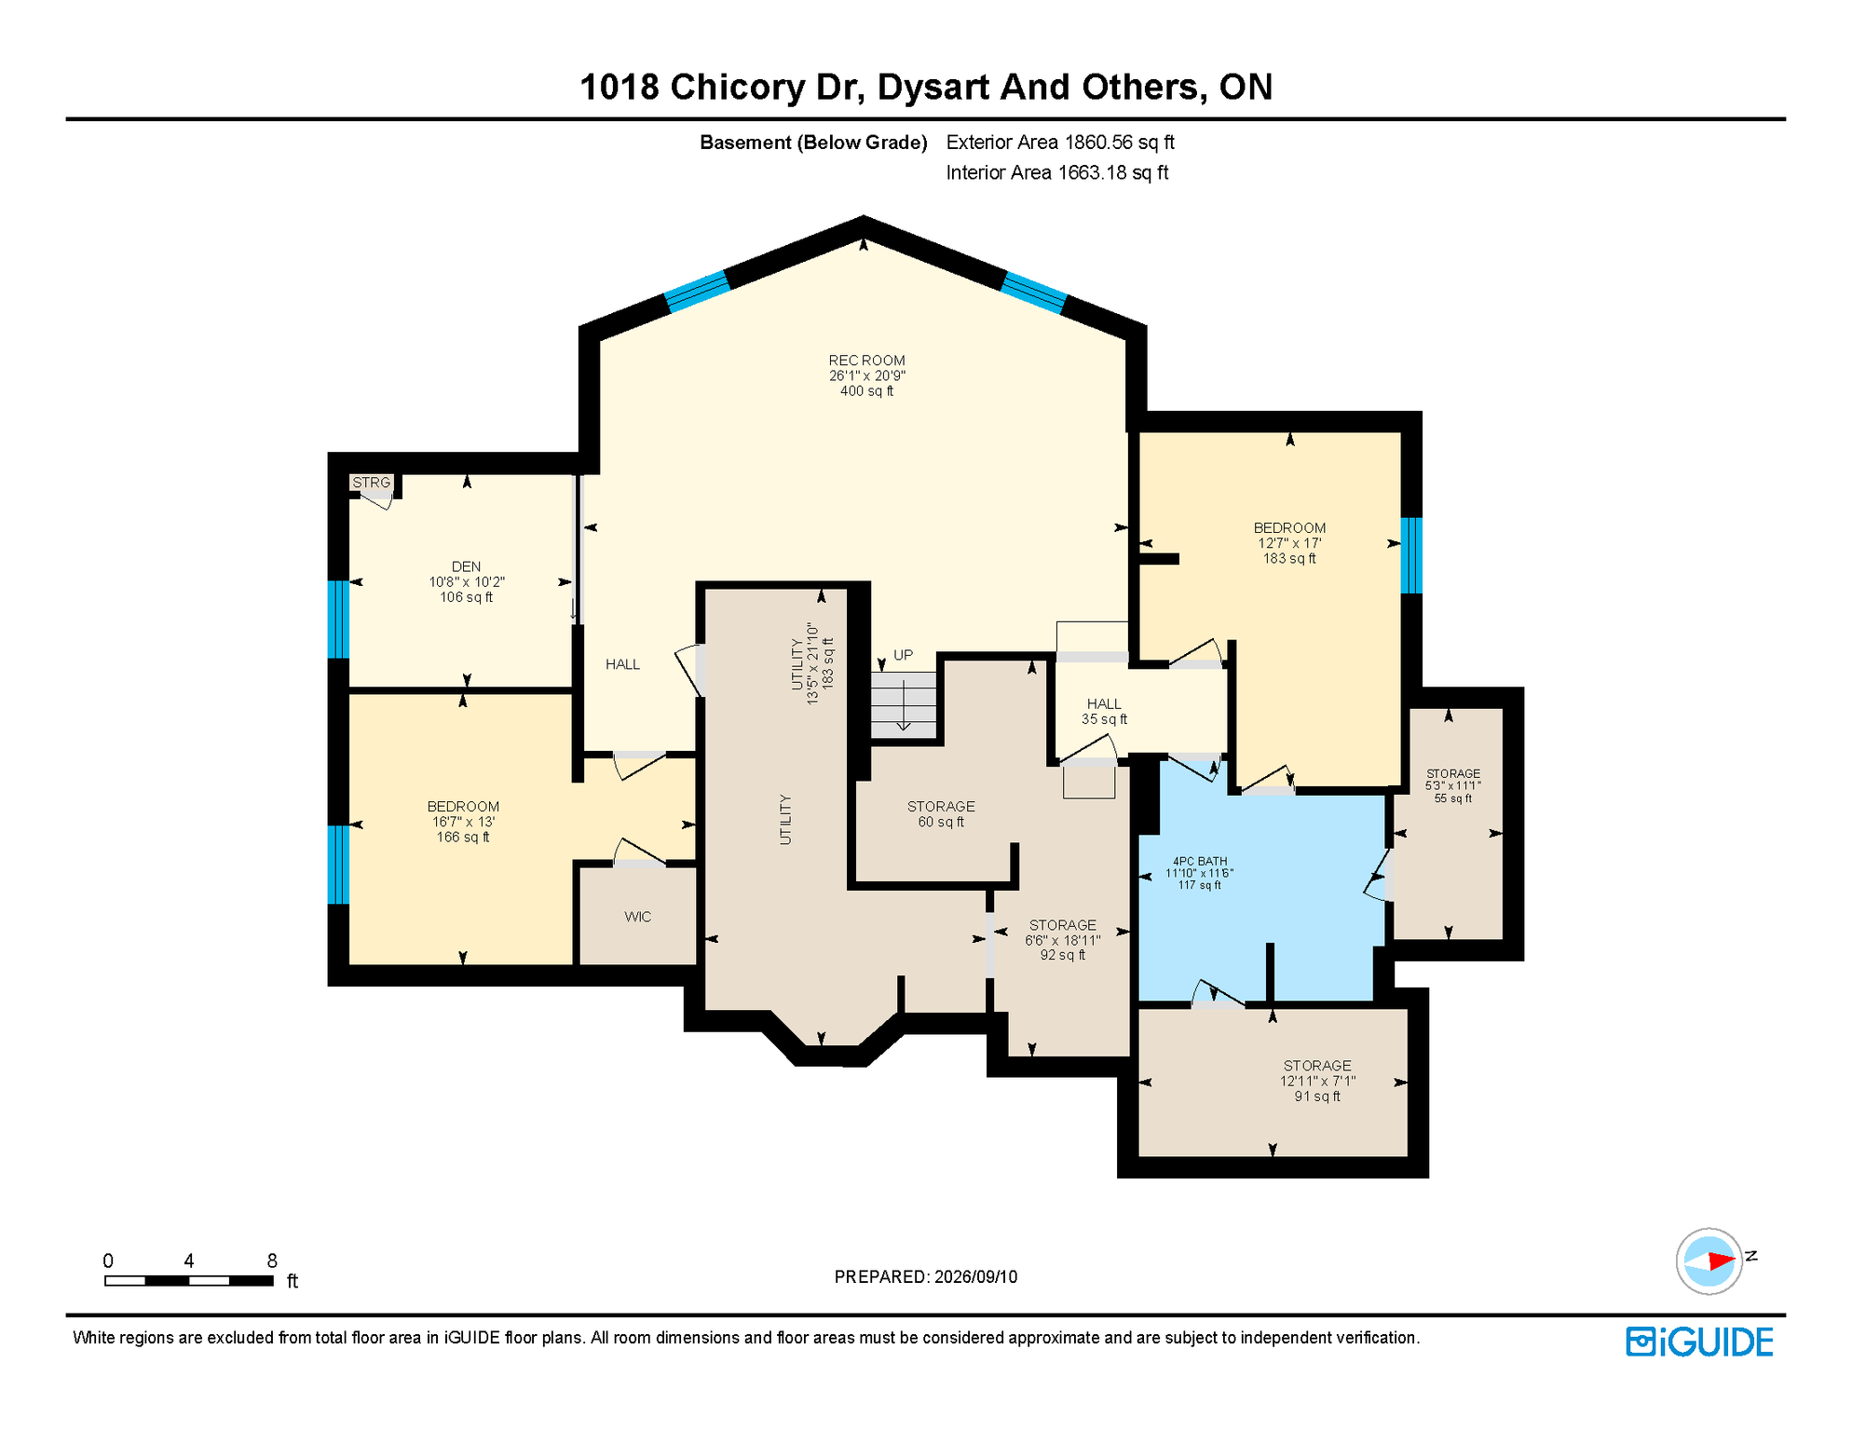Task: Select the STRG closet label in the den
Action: tap(371, 483)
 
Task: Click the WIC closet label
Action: tap(638, 917)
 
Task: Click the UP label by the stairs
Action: tap(903, 655)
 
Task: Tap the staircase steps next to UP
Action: tap(904, 705)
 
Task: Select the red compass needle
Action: tap(1721, 1261)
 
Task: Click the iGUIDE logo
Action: tap(1699, 1342)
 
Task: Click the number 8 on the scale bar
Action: tap(272, 1261)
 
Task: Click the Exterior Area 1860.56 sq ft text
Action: tap(1060, 143)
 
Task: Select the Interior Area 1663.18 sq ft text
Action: tap(1057, 172)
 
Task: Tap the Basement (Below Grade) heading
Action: tap(813, 143)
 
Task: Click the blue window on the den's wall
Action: tap(338, 619)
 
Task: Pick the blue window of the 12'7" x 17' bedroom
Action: tap(1411, 555)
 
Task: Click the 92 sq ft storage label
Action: tap(1063, 940)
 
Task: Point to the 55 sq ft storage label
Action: tap(1453, 785)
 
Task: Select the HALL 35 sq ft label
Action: tap(1104, 712)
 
